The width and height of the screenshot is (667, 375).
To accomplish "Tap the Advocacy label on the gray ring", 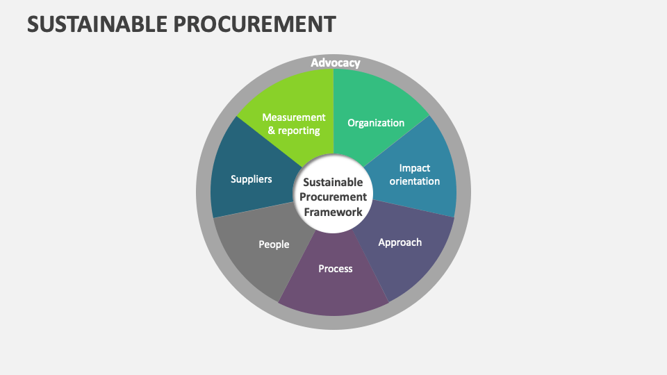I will coord(335,63).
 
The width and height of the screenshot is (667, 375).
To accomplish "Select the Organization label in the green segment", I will coord(376,123).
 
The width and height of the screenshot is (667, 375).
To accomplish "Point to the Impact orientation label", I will coord(414,174).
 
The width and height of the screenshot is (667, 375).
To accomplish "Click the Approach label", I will coord(400,242).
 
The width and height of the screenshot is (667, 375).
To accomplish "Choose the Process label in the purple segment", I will coord(336,268).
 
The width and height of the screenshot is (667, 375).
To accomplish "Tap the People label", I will coord(274,244).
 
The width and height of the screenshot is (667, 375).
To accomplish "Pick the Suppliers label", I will coord(251,179).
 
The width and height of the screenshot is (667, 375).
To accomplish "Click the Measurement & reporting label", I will coord(293,124).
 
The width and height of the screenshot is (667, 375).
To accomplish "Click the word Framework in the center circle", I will coord(333,212).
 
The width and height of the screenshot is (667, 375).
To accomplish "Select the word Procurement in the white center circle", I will coord(333,197).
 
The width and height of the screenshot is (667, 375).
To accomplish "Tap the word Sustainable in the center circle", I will coord(333,183).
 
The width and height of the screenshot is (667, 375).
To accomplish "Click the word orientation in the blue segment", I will coord(414,181).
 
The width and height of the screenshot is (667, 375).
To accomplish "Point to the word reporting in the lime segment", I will coord(299,131).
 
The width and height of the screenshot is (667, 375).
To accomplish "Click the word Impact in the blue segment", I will coord(415,167).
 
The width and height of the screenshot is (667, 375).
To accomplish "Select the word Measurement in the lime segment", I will coord(293,117).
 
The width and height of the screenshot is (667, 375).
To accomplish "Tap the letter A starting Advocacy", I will coord(315,63).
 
